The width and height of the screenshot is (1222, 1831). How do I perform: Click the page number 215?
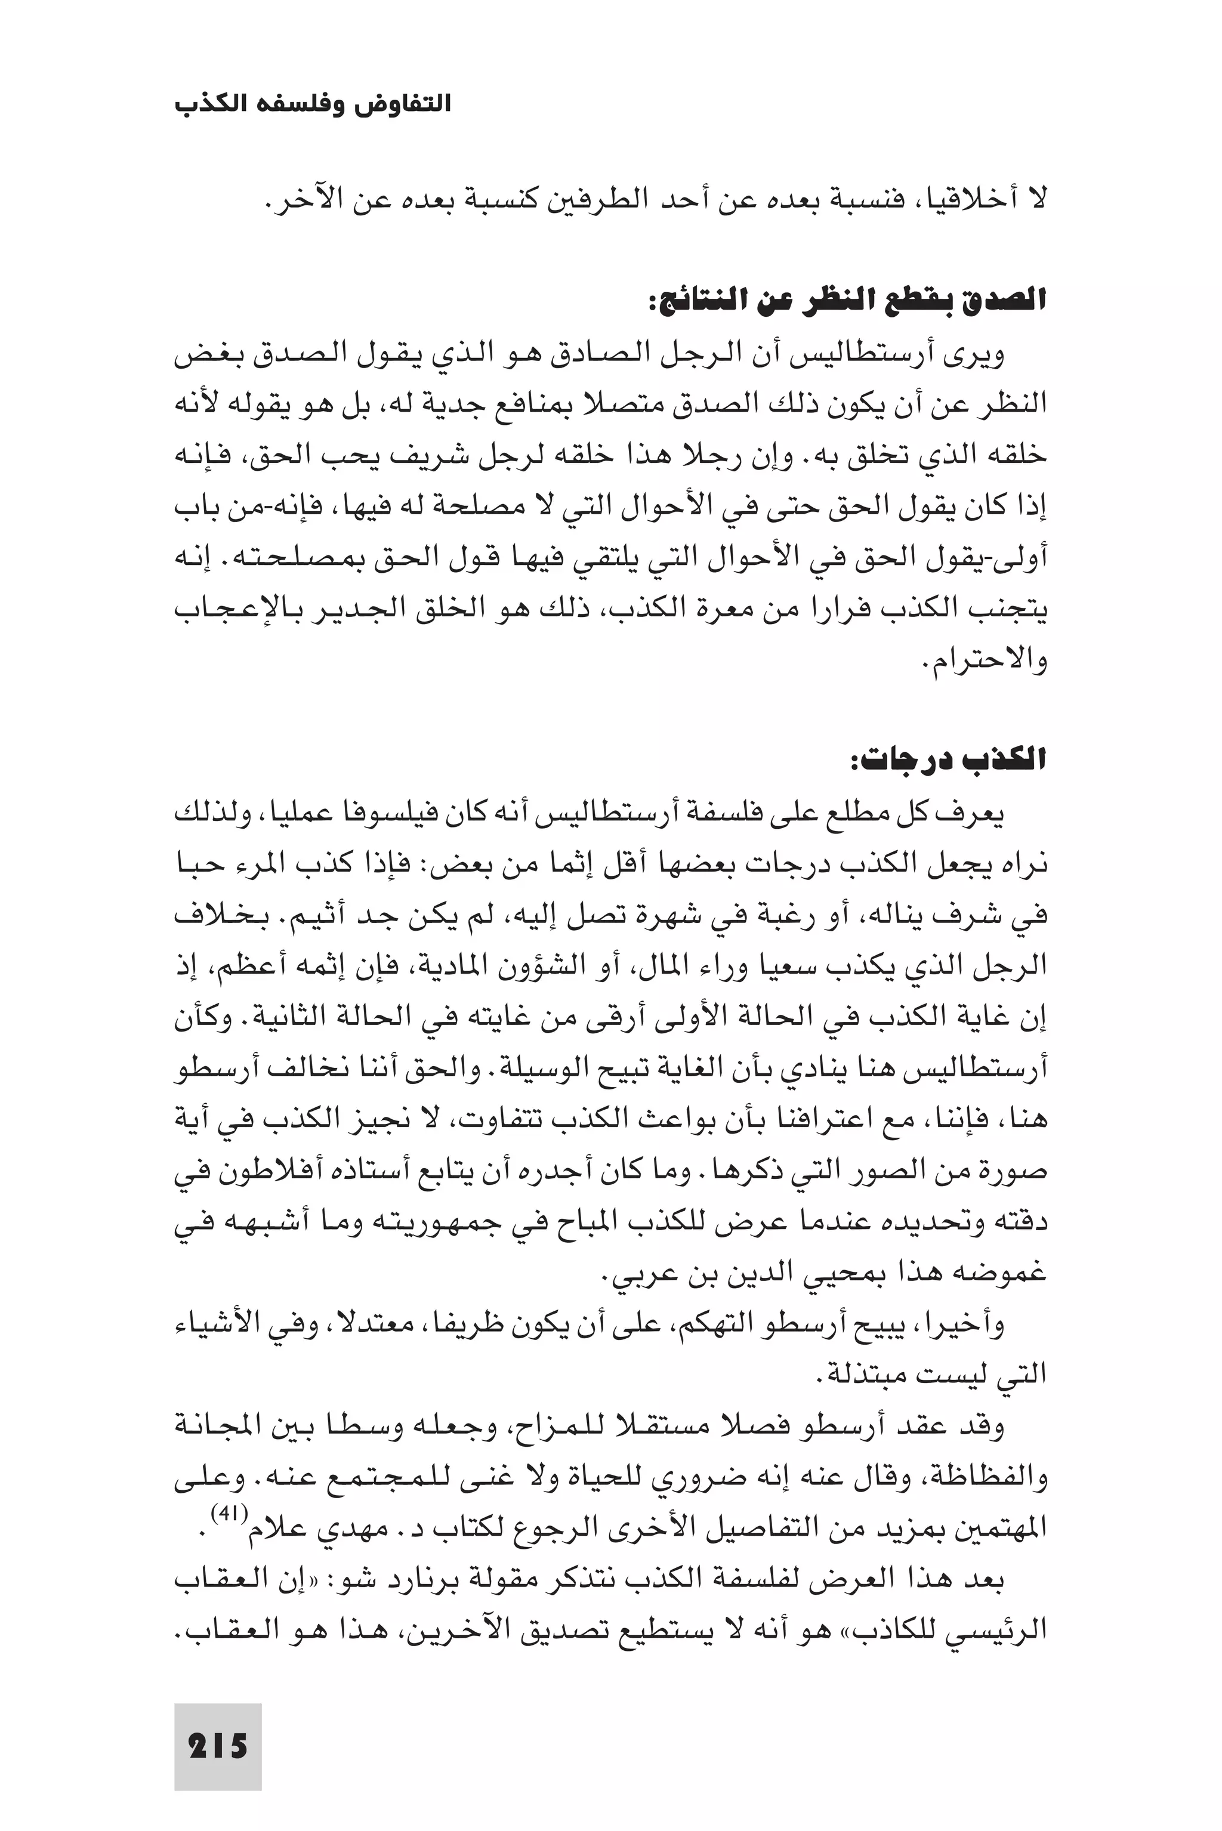point(218,1747)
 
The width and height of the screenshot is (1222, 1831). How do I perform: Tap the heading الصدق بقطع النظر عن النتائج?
point(847,300)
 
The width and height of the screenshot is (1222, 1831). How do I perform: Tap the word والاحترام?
point(988,660)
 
